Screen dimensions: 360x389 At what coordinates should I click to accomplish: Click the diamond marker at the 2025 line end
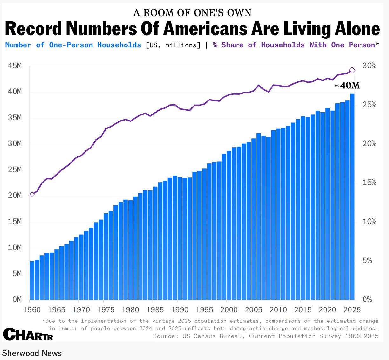tap(352, 70)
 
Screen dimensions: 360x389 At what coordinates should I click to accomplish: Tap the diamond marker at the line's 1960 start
tap(32, 194)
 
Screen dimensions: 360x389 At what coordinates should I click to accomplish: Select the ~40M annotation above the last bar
tap(347, 86)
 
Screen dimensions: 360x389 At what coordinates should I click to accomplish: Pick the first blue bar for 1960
tap(32, 280)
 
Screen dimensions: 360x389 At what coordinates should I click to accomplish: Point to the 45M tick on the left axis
tap(15, 66)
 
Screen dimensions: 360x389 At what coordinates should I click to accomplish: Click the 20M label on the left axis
tap(15, 196)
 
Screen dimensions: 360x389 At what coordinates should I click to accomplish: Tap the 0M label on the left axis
tap(17, 300)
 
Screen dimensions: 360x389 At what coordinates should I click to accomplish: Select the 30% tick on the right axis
tap(369, 66)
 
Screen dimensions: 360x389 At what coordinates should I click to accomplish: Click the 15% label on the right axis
tap(369, 183)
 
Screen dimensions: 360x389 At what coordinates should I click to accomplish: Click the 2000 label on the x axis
tap(229, 310)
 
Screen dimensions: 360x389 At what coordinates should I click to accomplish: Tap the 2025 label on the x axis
tap(352, 310)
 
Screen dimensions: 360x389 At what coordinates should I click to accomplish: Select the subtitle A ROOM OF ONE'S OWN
tap(192, 13)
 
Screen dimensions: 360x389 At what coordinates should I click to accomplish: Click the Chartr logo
tap(28, 335)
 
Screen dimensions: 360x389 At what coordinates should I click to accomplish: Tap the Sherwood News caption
tap(32, 353)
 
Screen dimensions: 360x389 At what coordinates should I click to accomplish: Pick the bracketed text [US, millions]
tap(173, 45)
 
